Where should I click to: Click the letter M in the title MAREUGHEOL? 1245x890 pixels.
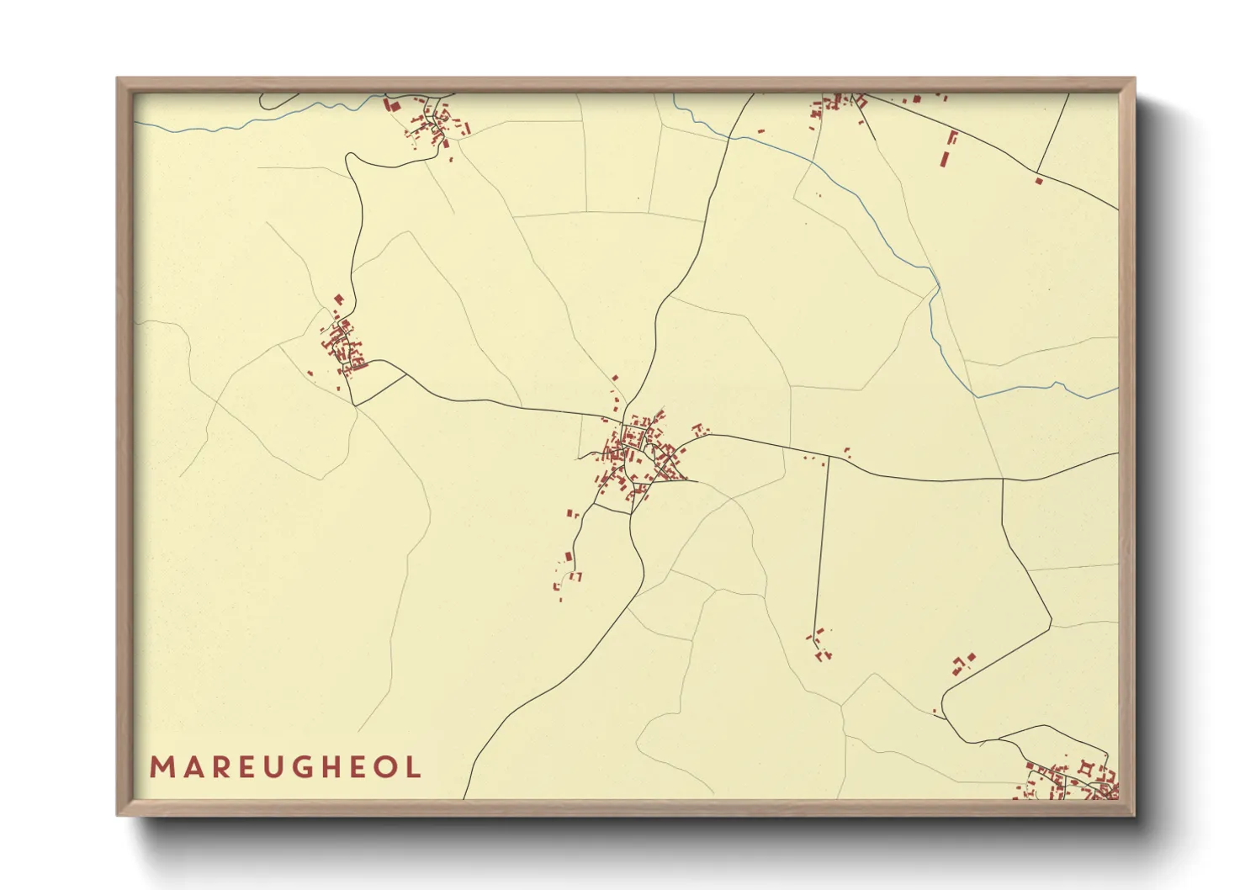click(x=161, y=767)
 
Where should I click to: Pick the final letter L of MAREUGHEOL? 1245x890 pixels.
click(x=414, y=767)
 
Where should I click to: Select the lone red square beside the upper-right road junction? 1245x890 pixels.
click(x=1039, y=179)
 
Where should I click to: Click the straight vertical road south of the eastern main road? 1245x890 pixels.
click(x=822, y=547)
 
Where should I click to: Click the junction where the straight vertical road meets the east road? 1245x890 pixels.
click(x=829, y=458)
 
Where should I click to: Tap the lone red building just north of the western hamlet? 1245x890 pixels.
click(x=339, y=299)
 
